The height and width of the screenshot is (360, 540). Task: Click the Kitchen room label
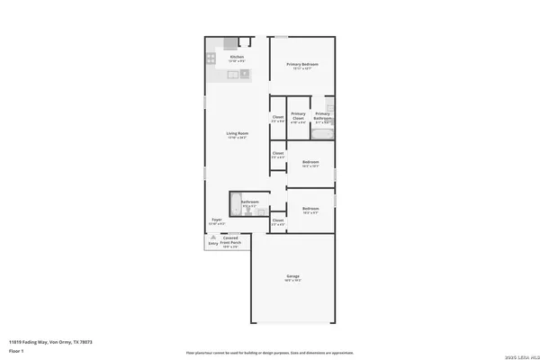coord(237,58)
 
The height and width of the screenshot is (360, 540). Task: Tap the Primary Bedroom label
coord(303,65)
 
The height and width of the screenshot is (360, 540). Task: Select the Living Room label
coord(237,133)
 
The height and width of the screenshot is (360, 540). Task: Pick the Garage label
coord(293,275)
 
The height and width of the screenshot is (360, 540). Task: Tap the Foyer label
coord(217,220)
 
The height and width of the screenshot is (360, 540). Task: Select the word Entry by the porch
coord(213,243)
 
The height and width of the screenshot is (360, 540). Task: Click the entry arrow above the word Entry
coord(213,237)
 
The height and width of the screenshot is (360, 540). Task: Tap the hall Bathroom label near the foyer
coord(250,202)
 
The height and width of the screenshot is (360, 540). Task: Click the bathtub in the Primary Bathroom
coord(322,133)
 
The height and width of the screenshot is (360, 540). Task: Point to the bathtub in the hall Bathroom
coord(235,203)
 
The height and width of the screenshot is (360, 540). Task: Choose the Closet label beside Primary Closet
coord(278,118)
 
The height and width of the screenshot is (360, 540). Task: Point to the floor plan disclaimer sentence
coord(269,353)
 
